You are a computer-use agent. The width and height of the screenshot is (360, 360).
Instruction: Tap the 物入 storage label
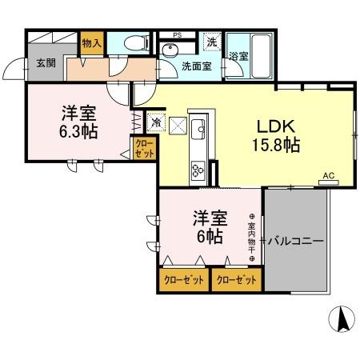[x=91, y=45]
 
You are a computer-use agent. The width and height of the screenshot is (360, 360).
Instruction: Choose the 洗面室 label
[x=195, y=67]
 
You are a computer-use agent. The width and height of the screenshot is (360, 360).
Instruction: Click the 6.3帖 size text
[x=78, y=131]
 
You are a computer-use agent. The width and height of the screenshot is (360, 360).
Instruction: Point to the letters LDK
[x=276, y=126]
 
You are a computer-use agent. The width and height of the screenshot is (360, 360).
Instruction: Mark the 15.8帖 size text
[x=277, y=146]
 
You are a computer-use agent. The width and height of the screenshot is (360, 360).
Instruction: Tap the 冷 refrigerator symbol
[x=156, y=123]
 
